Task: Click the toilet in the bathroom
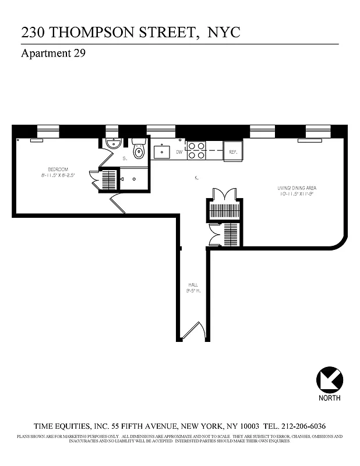tap(139, 151)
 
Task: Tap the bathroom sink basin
tap(112, 144)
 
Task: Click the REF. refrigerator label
tap(232, 151)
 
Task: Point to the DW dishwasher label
tap(178, 151)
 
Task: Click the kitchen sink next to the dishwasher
tap(161, 151)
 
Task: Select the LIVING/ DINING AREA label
tap(297, 188)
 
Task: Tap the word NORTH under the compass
tap(330, 398)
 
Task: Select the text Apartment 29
tap(54, 54)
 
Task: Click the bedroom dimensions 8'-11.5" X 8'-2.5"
tap(58, 175)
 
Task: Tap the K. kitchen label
tap(197, 178)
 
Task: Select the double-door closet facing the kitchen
tap(224, 195)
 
